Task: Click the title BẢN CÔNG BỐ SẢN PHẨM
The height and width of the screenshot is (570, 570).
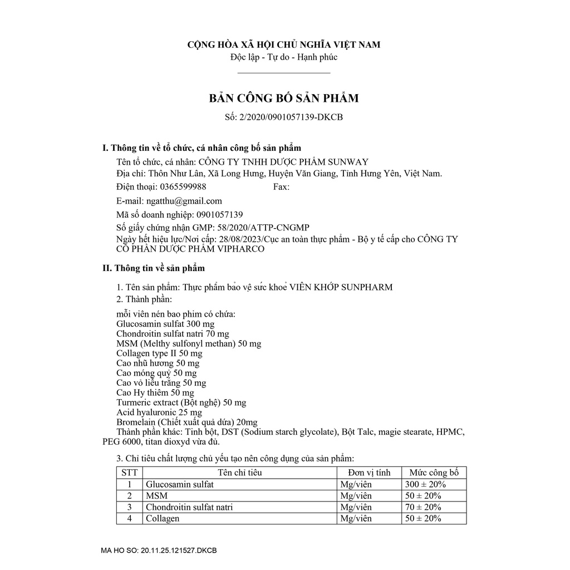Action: [284, 99]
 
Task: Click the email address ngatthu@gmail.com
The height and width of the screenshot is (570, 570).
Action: [184, 201]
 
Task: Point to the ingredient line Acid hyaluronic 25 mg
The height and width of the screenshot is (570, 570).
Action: [159, 412]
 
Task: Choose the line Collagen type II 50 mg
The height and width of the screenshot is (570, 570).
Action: [159, 353]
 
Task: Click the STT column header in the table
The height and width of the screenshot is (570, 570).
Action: [129, 473]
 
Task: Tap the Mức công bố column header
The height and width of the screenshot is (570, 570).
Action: [434, 473]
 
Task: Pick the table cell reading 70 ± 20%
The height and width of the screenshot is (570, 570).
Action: [424, 507]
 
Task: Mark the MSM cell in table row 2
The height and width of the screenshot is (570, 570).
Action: [156, 495]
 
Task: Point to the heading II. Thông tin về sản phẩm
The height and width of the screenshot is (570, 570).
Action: [154, 268]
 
